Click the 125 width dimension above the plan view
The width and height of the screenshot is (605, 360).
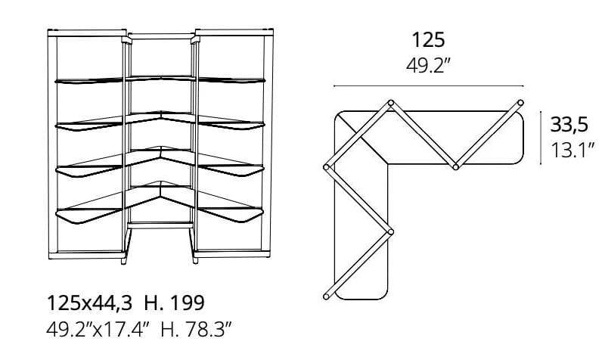(428, 40)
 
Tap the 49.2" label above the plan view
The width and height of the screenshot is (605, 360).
(428, 65)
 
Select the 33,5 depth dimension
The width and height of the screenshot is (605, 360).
(569, 125)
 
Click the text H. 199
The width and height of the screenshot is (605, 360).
(174, 303)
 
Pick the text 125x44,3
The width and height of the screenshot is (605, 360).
(89, 303)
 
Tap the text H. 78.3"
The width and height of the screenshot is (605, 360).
(196, 330)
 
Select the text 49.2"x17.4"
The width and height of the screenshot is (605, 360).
(98, 330)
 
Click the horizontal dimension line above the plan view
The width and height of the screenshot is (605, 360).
(429, 86)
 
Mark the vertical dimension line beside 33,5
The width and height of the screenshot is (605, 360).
(541, 138)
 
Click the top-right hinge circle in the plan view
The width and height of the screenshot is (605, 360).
(520, 103)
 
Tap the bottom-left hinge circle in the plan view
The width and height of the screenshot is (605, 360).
(327, 296)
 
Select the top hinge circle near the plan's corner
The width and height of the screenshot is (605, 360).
(390, 103)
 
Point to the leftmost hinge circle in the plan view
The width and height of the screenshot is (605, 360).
(327, 167)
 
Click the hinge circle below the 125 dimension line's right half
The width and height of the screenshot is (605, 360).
(455, 167)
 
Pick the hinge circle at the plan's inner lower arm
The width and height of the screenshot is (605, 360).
(390, 232)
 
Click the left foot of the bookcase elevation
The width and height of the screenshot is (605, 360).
(124, 261)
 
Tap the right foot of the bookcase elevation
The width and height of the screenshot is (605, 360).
(195, 261)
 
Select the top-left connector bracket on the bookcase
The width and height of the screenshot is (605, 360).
(126, 39)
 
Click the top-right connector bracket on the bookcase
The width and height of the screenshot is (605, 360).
(195, 39)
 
